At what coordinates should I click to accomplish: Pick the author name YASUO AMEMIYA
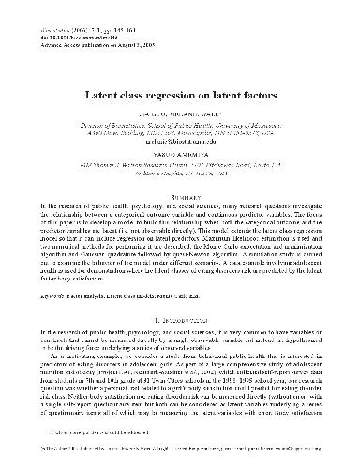[180, 156]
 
